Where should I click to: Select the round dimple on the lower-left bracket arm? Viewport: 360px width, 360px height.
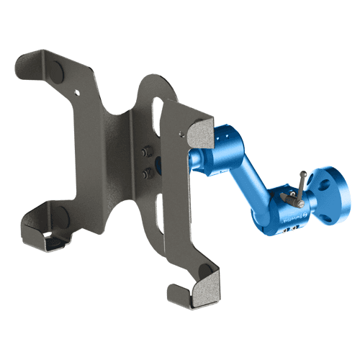click(61, 216)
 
